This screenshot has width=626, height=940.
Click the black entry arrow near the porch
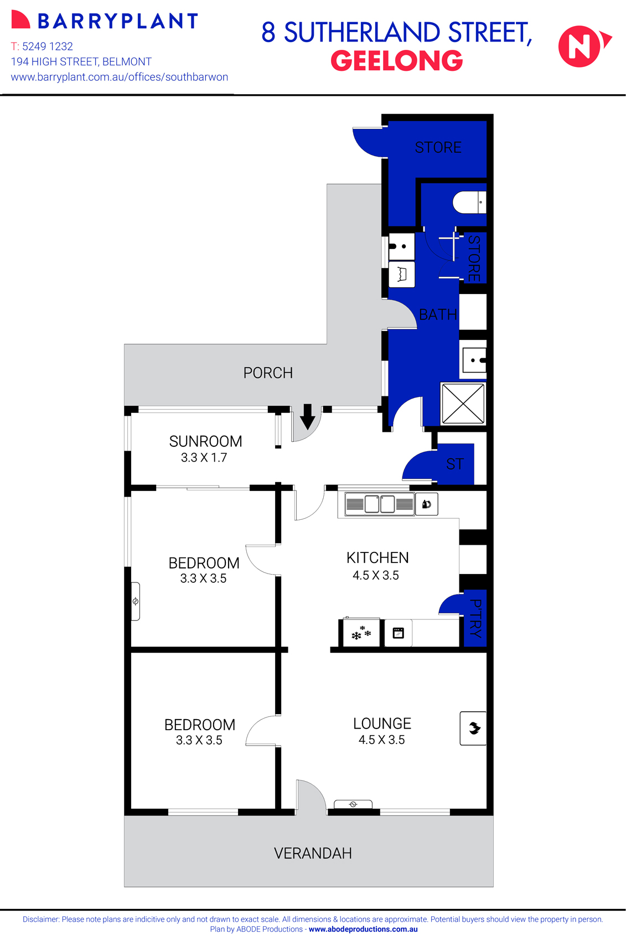(308, 416)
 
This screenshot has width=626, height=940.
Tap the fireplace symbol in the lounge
(473, 728)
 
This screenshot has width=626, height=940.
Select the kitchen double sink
(380, 504)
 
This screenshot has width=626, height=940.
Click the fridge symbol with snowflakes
(361, 632)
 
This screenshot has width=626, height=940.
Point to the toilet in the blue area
(468, 203)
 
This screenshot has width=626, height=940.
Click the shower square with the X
(463, 404)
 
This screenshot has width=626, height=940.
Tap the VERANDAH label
(313, 853)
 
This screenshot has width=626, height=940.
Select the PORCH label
(268, 373)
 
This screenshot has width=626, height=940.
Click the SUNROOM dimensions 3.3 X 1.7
(204, 458)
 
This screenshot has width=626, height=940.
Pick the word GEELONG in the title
(396, 61)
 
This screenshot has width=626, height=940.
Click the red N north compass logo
(581, 47)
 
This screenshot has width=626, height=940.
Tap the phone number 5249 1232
(48, 47)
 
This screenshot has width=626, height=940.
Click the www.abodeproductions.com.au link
(363, 929)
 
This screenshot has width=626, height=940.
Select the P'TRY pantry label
(475, 618)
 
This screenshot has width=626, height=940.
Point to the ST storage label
(455, 464)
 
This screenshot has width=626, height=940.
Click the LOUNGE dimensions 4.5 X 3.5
(381, 740)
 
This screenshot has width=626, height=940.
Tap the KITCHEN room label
(377, 557)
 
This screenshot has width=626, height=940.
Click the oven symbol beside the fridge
(398, 633)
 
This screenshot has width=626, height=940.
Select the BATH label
(438, 314)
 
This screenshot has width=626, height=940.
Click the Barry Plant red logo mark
(20, 20)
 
